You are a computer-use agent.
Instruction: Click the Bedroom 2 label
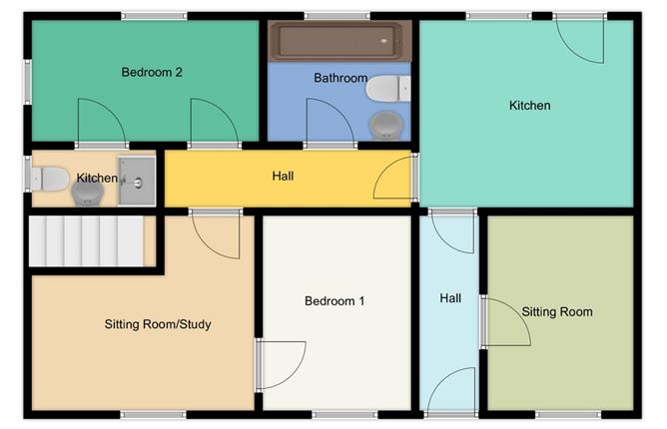pos(152,72)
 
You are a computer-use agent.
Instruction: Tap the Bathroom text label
pos(340,78)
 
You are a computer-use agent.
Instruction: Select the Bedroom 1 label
pos(334,301)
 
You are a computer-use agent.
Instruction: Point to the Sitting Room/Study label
pos(158,324)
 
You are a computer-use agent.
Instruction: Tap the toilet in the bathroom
pos(388,89)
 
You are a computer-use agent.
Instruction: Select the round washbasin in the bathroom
pos(386,125)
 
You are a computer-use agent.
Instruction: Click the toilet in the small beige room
pos(50,179)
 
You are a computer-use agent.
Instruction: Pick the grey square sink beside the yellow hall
pos(137,181)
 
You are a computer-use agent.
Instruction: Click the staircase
pos(86,240)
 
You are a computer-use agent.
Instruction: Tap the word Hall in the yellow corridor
pos(283,176)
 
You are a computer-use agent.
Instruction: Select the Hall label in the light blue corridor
pos(450,298)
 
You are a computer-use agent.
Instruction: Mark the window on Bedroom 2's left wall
pos(28,82)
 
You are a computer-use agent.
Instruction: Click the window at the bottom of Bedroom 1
pos(344,415)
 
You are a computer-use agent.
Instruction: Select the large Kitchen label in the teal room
pos(529,106)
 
